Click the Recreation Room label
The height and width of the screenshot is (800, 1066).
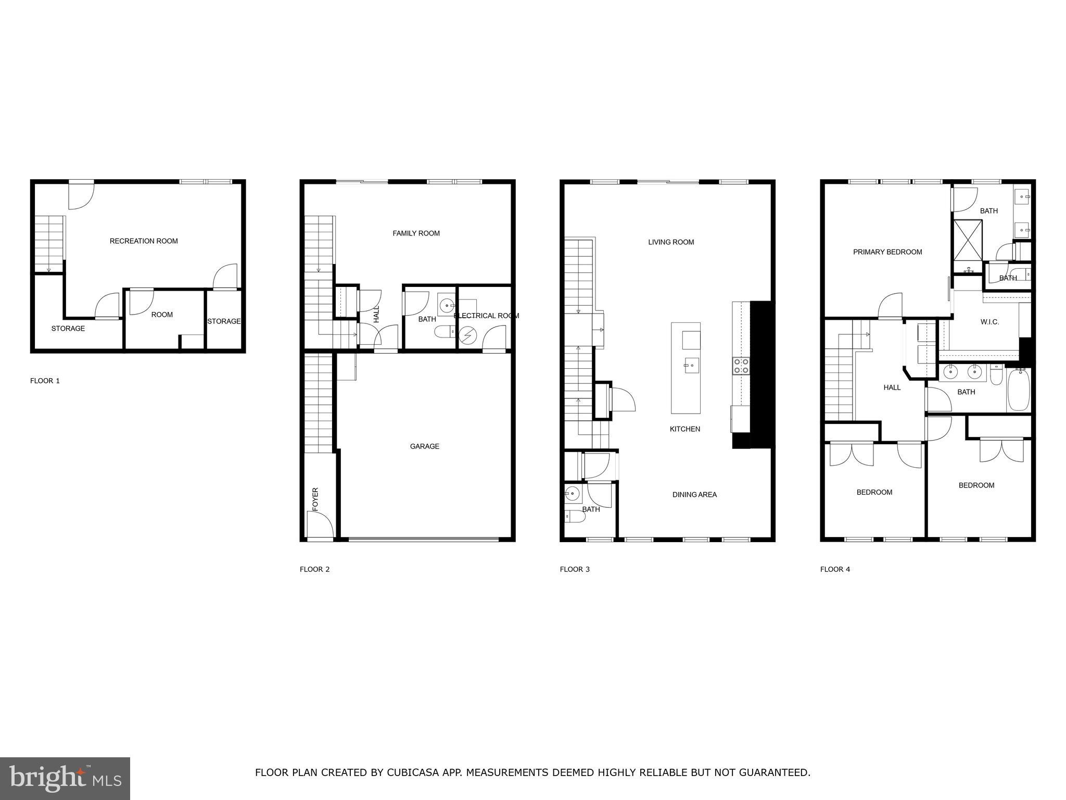click(144, 241)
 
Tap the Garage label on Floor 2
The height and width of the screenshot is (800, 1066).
click(424, 446)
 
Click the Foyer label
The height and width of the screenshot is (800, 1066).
click(315, 498)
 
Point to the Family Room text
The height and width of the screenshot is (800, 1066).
click(416, 233)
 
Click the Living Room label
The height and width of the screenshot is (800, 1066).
click(671, 242)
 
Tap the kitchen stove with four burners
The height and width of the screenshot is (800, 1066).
click(741, 366)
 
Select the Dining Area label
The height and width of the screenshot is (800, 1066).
click(694, 495)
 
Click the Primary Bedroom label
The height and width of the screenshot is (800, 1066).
click(887, 252)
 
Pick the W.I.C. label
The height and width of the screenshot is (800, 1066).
click(989, 322)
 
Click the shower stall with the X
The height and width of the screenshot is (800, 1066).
click(968, 240)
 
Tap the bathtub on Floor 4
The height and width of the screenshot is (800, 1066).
click(1019, 390)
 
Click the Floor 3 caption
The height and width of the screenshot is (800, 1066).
click(575, 569)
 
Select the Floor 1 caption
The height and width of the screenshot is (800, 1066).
click(45, 381)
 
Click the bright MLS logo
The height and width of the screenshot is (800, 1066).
click(65, 779)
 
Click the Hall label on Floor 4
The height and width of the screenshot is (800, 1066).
click(892, 387)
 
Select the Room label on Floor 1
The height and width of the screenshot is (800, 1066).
click(162, 315)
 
